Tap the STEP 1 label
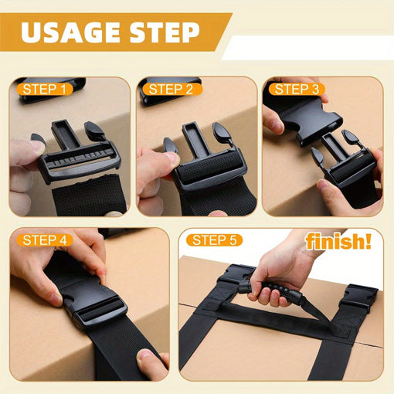[x=44, y=90]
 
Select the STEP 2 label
[x=172, y=89]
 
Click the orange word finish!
[x=338, y=242]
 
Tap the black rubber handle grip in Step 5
[x=270, y=286]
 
